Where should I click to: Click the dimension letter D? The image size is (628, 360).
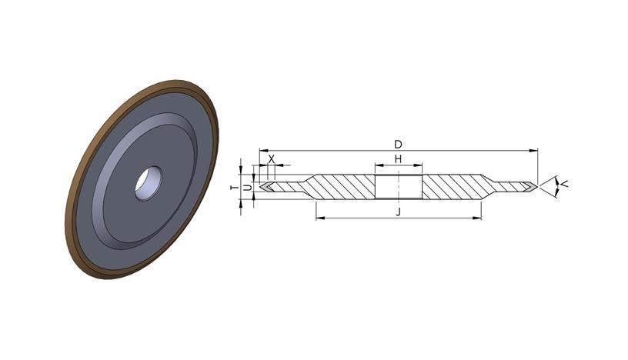coord(398,144)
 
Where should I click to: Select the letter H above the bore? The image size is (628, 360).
coord(398,159)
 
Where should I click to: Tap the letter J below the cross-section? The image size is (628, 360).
coord(398,212)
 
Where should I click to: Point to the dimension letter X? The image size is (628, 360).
coord(272,159)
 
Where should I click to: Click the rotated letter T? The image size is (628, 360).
coord(235,188)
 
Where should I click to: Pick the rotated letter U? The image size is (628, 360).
coord(248,188)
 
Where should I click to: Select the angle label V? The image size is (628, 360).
coord(564,184)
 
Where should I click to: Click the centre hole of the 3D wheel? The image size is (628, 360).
coord(149,184)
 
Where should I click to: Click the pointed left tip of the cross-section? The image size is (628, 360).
coord(260,187)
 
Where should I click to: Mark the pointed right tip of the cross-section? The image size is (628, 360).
coord(537,187)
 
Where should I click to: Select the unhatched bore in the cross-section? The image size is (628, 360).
coord(399,187)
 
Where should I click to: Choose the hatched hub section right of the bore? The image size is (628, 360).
coord(453,187)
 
